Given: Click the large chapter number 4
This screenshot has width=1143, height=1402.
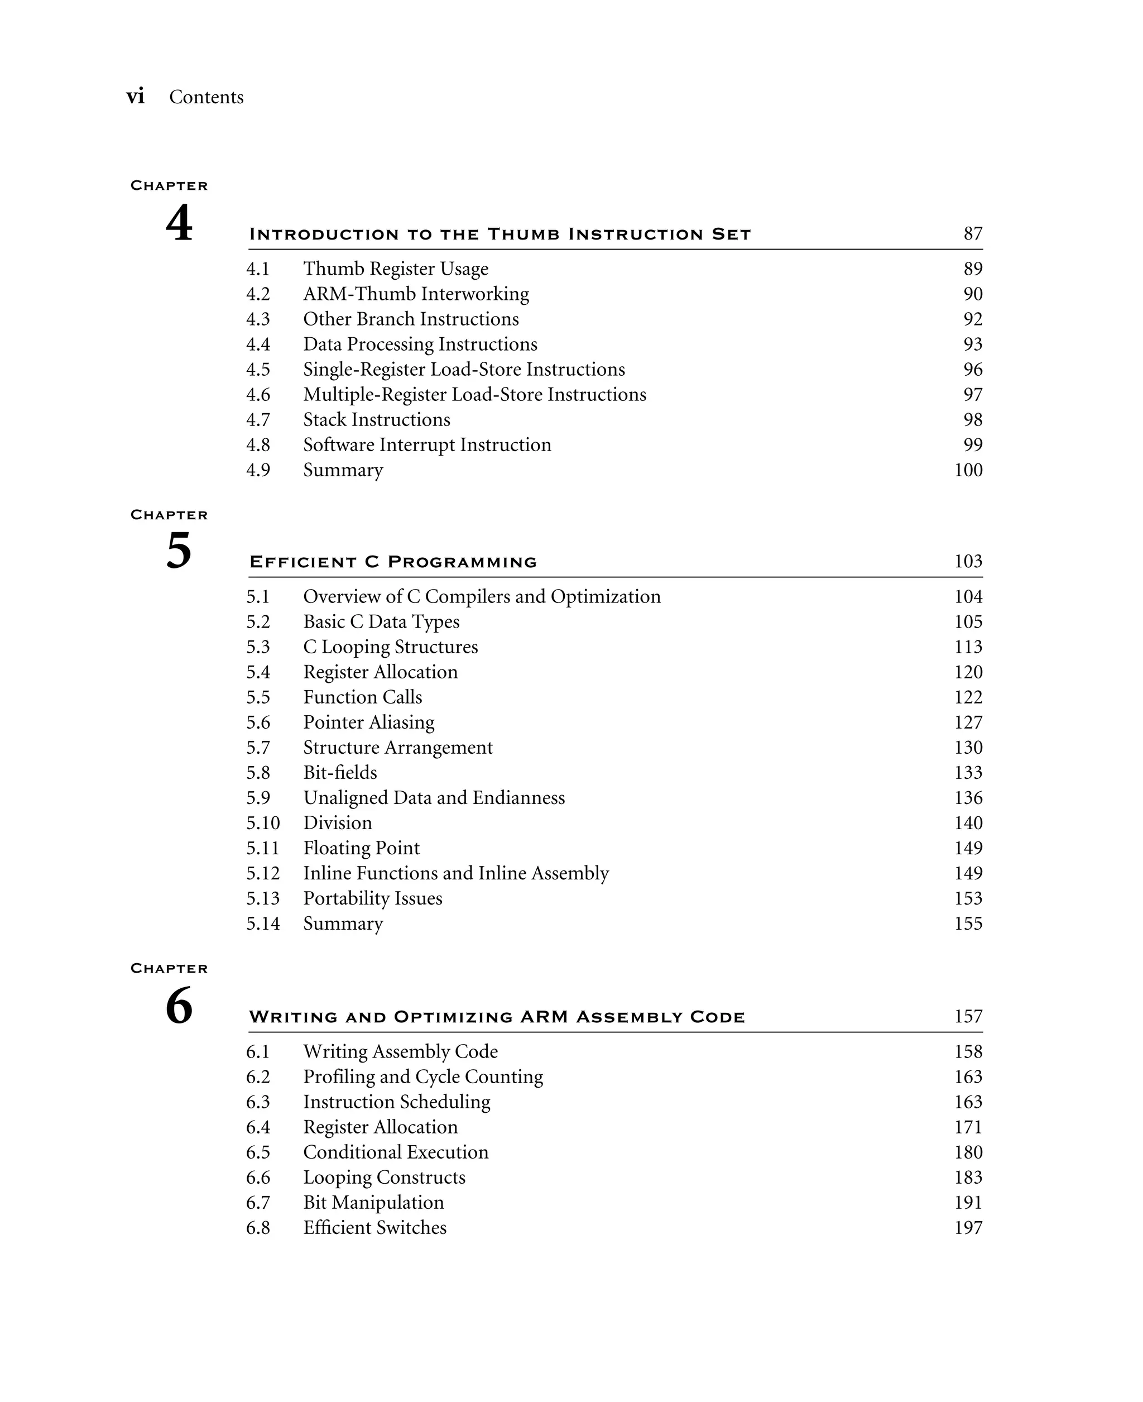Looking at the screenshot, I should pos(179,223).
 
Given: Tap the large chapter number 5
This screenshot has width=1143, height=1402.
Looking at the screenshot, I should pos(179,551).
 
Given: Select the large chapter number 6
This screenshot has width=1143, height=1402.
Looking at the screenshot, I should pos(179,1006).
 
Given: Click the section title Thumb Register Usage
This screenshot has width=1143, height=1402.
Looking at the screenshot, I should pos(395,269).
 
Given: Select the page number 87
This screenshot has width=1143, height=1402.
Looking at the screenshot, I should pos(972,234).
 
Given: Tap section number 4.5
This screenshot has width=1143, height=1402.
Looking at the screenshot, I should pos(258,370).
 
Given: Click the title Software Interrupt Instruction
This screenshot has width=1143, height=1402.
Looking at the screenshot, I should pos(426,445).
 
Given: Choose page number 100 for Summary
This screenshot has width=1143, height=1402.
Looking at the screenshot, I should pos(968,470).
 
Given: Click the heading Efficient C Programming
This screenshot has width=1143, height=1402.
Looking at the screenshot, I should pos(393,562).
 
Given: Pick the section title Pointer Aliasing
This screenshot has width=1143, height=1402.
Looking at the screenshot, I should pos(369,722).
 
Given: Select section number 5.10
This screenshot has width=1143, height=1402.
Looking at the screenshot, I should pos(263,823).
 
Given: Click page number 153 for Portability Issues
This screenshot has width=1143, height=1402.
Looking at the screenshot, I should pos(968,898).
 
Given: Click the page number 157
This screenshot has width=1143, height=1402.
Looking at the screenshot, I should pos(968,1017).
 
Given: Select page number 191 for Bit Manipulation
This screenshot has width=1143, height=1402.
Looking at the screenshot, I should pos(968,1203).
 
